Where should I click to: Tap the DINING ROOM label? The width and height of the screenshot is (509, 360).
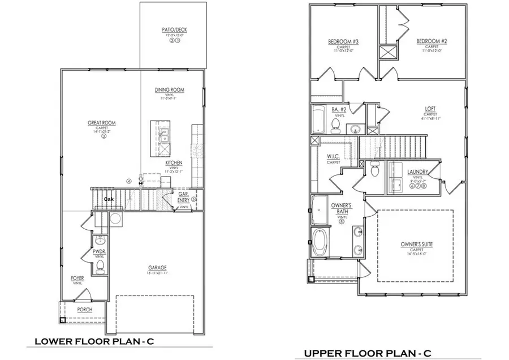(x=170, y=90)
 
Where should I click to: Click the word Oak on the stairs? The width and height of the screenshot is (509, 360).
(x=110, y=199)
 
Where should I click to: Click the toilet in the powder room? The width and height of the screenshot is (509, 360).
(x=101, y=266)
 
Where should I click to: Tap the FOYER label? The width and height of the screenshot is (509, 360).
(x=77, y=278)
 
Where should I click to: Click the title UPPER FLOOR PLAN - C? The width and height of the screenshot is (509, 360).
(x=368, y=353)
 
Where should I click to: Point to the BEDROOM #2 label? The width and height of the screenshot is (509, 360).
(x=432, y=41)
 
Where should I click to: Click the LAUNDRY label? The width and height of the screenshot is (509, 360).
(x=417, y=172)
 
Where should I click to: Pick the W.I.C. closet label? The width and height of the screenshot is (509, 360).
(x=333, y=157)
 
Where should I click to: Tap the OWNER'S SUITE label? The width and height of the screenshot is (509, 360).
(x=416, y=244)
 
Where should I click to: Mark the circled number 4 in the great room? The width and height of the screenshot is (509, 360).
(x=129, y=182)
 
